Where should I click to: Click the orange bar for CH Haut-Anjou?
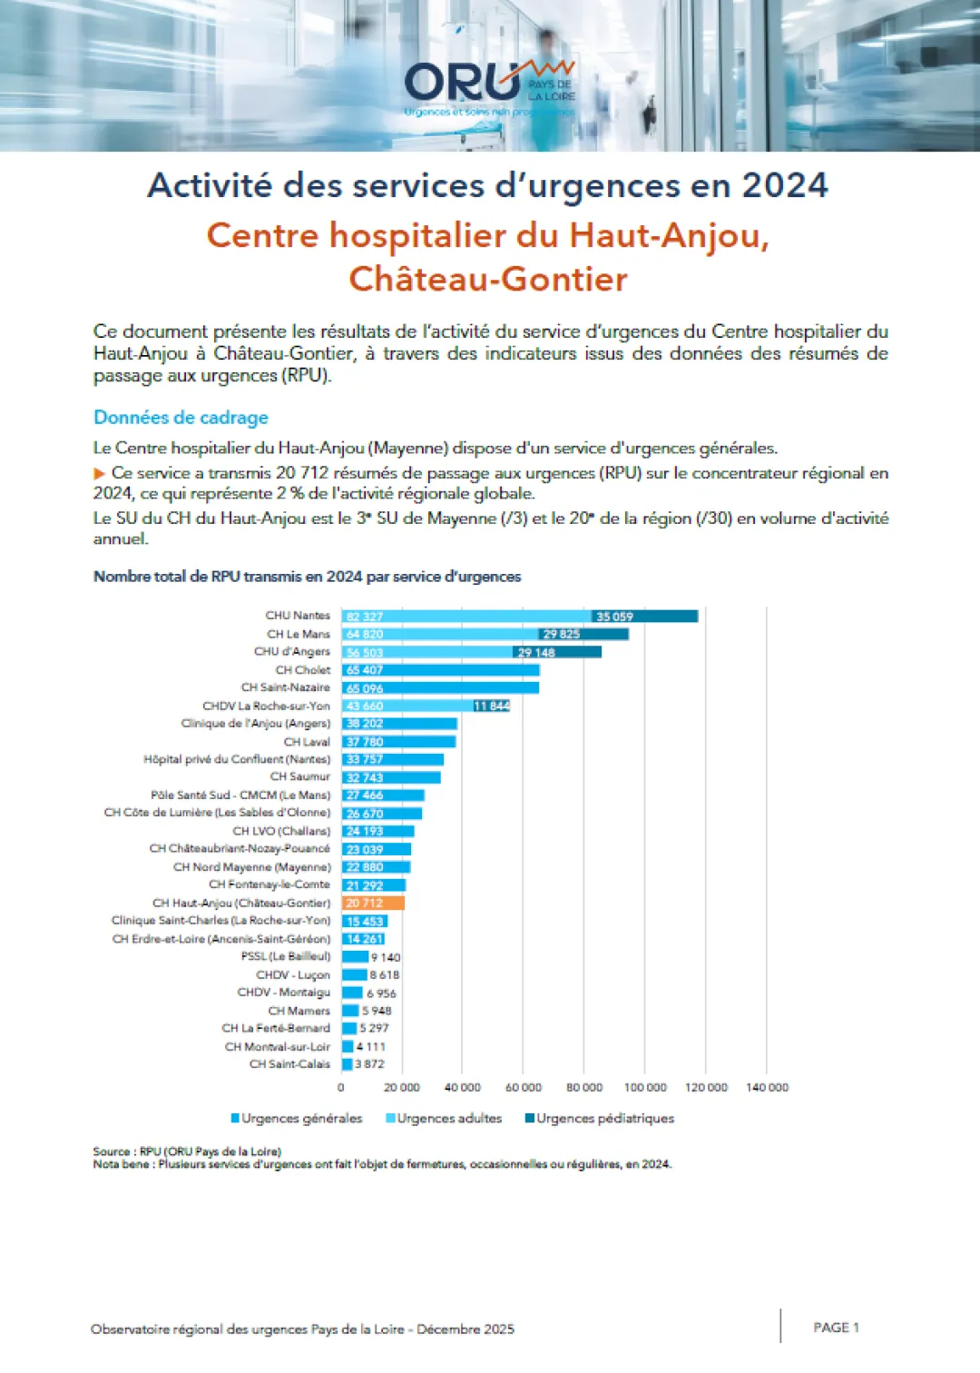click(x=373, y=904)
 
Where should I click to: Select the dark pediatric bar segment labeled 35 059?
click(x=644, y=617)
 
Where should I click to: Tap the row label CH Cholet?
click(x=303, y=670)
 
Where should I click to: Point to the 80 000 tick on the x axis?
click(x=584, y=1087)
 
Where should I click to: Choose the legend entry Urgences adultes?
click(x=448, y=1118)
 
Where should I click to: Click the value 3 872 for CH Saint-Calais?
click(x=369, y=1064)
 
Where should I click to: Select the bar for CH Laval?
click(x=398, y=742)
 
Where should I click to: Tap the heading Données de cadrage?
click(x=181, y=418)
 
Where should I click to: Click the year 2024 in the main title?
click(x=785, y=185)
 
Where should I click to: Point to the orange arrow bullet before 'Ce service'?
click(x=100, y=473)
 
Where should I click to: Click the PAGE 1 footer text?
click(x=836, y=1328)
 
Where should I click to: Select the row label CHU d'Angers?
click(x=292, y=652)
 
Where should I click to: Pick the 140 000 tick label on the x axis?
click(x=767, y=1087)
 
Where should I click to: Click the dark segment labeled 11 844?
click(x=492, y=706)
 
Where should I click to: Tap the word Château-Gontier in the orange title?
click(x=488, y=279)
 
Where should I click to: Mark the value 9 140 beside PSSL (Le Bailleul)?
click(x=385, y=957)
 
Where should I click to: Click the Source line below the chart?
click(x=187, y=1151)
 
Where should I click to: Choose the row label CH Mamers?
click(x=299, y=1011)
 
